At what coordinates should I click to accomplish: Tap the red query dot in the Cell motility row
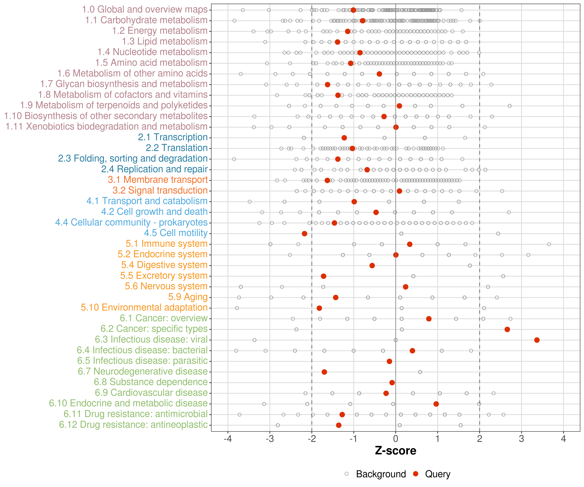tap(304, 233)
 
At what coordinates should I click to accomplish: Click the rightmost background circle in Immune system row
tap(549, 244)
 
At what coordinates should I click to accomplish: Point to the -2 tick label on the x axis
tap(312, 439)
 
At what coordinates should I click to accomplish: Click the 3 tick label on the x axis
tap(521, 439)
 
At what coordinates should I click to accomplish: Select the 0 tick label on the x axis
tap(396, 439)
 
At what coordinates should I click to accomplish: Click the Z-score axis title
tap(395, 450)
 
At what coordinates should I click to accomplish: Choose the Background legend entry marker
tap(347, 474)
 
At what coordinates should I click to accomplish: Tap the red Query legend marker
tap(416, 474)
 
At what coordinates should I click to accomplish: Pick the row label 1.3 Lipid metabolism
tap(165, 41)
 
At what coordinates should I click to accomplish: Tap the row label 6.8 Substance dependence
tap(151, 382)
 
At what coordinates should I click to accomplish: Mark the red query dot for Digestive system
tap(372, 265)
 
